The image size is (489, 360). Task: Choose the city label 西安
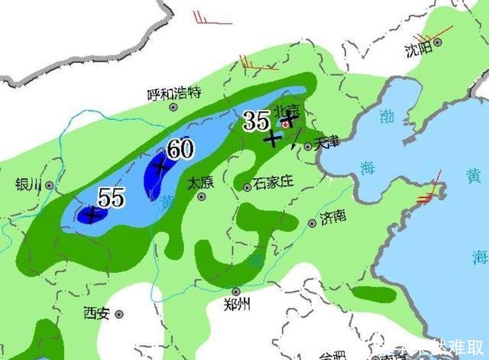pos(97,313)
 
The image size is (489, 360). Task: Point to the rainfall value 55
pos(111,198)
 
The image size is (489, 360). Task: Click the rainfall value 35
pos(255,119)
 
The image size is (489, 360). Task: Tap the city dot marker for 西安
pos(120,313)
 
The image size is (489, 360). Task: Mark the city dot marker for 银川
pos(50,185)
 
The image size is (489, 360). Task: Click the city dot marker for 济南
pos(312,223)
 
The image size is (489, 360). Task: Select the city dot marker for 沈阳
pos(439,41)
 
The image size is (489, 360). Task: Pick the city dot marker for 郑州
pos(236,291)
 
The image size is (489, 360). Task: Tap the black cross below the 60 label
pos(160,167)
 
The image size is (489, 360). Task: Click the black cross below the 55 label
pos(92,215)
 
